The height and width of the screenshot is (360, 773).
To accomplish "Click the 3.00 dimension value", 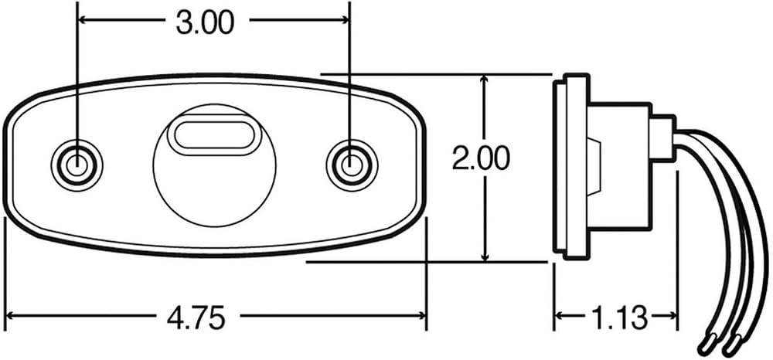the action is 205,23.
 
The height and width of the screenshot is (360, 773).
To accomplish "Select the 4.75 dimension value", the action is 196,318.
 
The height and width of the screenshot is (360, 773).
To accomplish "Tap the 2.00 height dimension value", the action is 481,159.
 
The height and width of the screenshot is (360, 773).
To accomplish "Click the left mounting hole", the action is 77,162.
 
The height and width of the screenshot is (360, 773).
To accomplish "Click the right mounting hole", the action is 350,162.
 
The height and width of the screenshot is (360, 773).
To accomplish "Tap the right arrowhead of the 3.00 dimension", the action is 343,19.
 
